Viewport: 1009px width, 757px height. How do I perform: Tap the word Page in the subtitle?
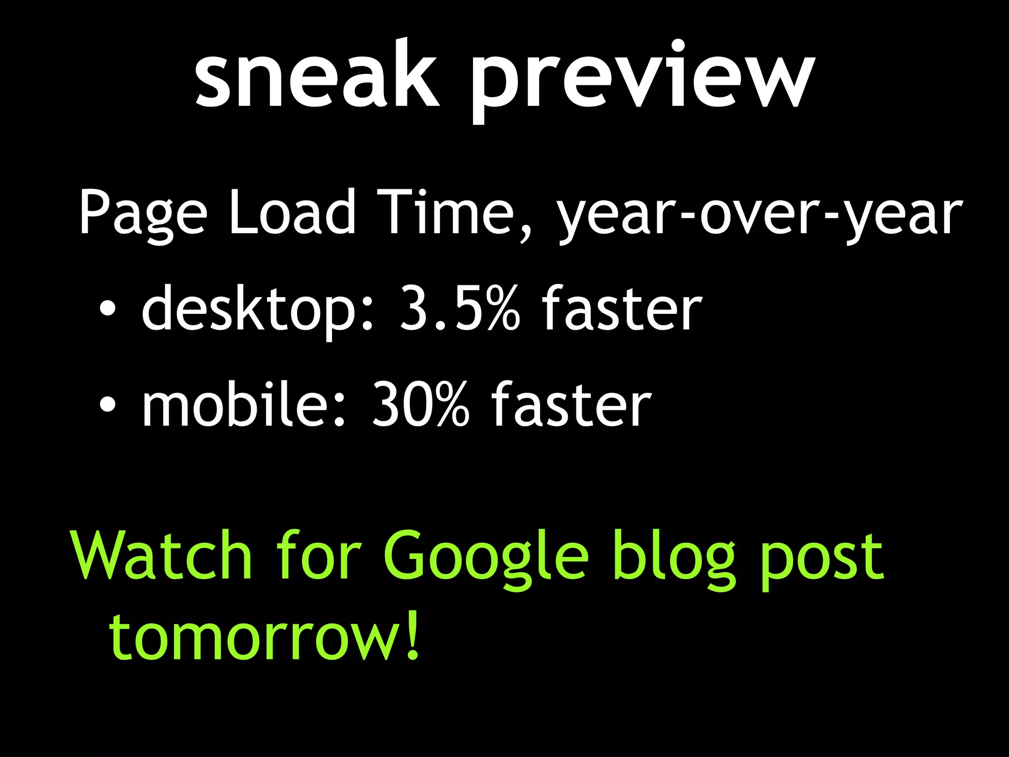pyautogui.click(x=143, y=214)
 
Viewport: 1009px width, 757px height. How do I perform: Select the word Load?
pyautogui.click(x=292, y=212)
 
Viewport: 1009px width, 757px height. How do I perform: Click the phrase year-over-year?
pyautogui.click(x=759, y=214)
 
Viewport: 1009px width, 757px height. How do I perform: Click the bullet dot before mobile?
pyautogui.click(x=107, y=405)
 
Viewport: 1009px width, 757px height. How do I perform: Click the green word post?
pyautogui.click(x=820, y=559)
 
